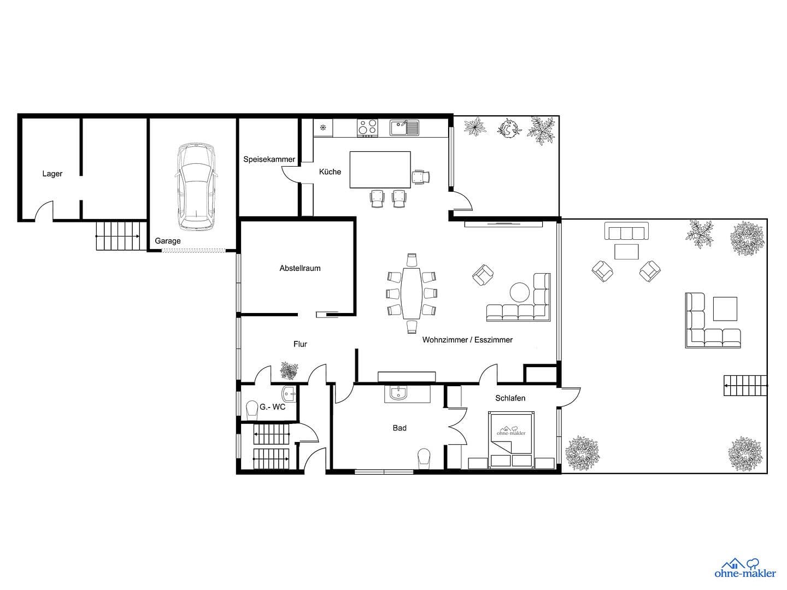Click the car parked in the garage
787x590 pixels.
(196, 187)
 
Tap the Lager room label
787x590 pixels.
(52, 174)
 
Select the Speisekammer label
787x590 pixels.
(269, 160)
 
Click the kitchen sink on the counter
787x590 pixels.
(404, 128)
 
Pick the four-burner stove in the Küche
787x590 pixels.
(367, 127)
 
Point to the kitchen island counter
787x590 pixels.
(380, 170)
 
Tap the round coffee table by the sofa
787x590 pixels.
(519, 292)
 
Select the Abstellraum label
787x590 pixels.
(300, 268)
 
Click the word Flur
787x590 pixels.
(300, 344)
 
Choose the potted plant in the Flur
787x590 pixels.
(289, 371)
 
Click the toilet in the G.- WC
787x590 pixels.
(252, 409)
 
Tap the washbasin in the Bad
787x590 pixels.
(398, 393)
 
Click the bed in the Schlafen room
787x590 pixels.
(511, 440)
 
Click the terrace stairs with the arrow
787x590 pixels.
(745, 386)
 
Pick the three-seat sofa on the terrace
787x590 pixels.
(626, 231)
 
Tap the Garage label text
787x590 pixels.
(168, 241)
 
